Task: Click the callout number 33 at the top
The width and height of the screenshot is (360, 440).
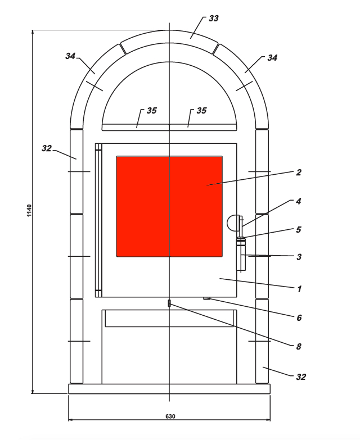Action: (x=214, y=19)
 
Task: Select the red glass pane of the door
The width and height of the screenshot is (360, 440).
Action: (x=169, y=206)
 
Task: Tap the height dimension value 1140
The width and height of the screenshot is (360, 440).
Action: (x=29, y=211)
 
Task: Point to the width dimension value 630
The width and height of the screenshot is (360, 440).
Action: (x=170, y=416)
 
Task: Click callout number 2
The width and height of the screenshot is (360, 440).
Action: (x=299, y=173)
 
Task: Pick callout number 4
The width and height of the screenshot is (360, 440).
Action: (x=299, y=201)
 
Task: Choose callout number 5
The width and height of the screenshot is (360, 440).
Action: (x=299, y=229)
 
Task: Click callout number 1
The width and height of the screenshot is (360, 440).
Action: (x=299, y=289)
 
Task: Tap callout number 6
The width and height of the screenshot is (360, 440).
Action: (x=299, y=317)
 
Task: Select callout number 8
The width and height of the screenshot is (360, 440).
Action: (x=299, y=347)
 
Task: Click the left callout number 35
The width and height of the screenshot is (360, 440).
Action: (x=152, y=111)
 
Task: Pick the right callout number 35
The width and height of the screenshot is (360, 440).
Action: (x=201, y=111)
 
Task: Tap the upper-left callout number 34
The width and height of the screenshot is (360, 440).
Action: (x=70, y=56)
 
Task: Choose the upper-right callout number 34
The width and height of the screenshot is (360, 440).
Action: (x=272, y=58)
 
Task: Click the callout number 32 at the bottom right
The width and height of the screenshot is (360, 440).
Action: (x=301, y=377)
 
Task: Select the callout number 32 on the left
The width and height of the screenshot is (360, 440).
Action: (x=47, y=148)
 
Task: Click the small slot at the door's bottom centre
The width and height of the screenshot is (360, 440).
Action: (x=169, y=303)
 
